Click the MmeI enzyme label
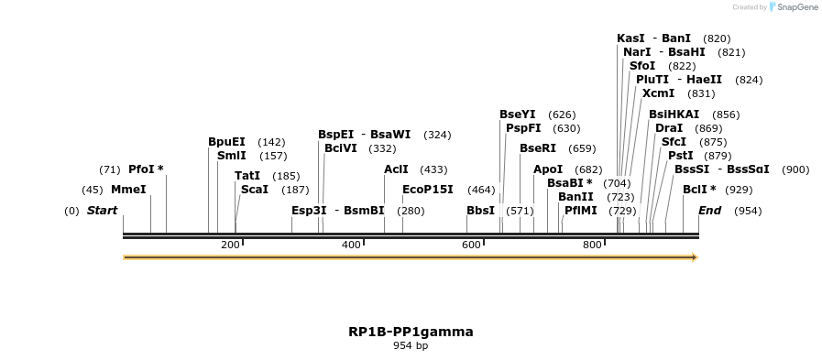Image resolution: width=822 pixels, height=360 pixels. point(128,190)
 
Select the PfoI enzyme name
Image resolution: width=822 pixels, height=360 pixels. point(141,169)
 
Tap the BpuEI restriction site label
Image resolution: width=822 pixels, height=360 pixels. point(226,142)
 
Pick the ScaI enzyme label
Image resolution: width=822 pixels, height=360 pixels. point(254,190)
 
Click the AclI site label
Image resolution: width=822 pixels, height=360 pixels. point(396,169)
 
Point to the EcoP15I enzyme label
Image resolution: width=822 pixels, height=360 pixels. point(428,190)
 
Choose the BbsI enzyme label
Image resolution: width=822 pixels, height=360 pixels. point(480,211)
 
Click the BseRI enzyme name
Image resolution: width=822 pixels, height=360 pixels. point(538,148)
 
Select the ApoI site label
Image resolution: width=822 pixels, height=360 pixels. point(548,169)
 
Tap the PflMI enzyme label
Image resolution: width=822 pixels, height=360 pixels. point(581,211)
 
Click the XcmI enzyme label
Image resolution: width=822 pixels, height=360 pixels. point(658,93)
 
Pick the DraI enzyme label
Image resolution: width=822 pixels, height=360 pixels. point(669,128)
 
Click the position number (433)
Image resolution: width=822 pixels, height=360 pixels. point(433,169)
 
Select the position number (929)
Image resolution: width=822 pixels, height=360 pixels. point(739,190)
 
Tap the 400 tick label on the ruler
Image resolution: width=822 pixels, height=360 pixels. point(351,245)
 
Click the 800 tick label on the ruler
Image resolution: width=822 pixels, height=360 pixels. point(592,245)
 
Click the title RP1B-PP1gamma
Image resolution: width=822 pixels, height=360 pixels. point(411,332)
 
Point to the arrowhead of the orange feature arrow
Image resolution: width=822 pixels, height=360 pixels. point(695,257)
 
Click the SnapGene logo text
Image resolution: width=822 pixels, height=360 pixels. point(793,7)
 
